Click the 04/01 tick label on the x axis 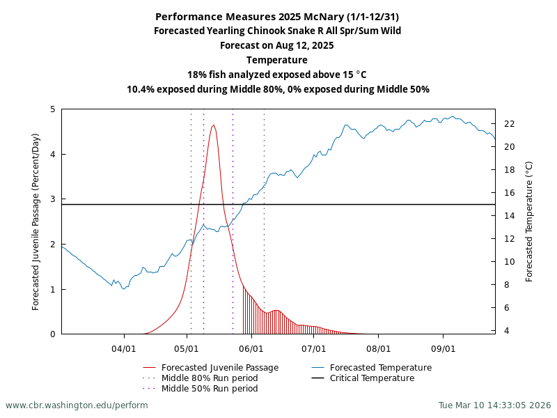124,347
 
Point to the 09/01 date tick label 443,347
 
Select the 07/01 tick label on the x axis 314,347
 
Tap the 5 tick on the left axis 53,109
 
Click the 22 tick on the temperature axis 510,124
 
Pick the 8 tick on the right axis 510,285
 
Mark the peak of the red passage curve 214,125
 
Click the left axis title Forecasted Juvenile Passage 36,222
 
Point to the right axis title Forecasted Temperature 529,222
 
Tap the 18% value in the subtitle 197,75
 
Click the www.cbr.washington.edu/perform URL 77,405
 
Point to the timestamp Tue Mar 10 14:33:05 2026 494,405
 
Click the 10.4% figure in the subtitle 141,89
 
